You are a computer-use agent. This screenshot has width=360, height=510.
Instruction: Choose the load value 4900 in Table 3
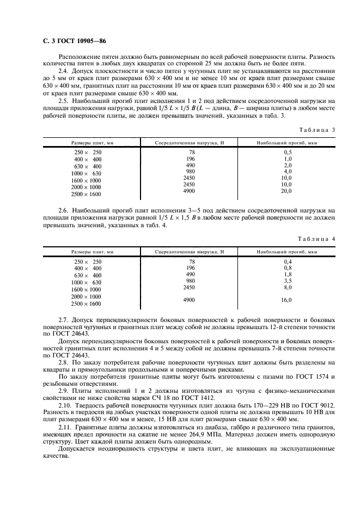click(x=190, y=191)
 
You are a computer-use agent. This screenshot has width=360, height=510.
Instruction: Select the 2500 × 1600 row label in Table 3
click(x=87, y=194)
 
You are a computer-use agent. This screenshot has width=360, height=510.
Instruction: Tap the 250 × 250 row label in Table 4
click(x=88, y=262)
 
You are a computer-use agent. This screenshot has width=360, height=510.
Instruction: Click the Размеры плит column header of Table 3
click(x=92, y=142)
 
